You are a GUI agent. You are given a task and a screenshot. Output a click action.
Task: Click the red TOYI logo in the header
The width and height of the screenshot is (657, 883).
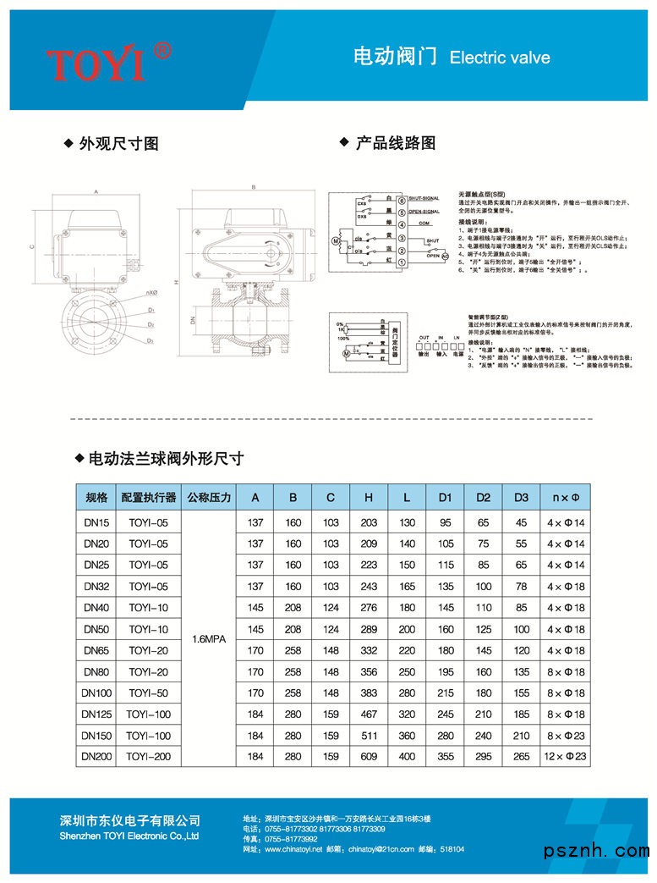click(108, 61)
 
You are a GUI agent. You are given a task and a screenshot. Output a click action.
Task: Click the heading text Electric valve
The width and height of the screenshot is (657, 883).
click(500, 58)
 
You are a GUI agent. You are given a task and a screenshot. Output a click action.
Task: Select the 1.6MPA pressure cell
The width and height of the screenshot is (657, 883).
click(209, 640)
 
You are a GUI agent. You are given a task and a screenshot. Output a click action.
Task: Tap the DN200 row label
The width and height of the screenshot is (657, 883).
click(92, 756)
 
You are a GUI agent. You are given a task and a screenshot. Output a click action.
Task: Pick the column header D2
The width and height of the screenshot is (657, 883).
click(483, 497)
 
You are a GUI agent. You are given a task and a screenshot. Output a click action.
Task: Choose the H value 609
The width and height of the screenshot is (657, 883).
click(369, 756)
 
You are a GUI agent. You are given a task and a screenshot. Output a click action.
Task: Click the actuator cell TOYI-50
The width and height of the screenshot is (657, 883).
click(149, 693)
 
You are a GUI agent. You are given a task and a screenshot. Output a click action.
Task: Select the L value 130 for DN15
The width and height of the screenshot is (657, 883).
click(408, 523)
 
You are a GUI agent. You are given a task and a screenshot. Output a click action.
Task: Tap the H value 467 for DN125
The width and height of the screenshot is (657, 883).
click(369, 714)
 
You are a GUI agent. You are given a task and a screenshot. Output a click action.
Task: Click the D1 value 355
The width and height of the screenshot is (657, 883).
click(446, 756)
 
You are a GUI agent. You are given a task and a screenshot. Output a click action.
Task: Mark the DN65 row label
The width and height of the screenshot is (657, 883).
click(92, 650)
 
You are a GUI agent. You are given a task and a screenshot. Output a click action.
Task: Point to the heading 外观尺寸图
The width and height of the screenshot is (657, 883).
click(118, 144)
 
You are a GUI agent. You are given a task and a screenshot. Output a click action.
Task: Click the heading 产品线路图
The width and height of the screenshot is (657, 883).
click(395, 143)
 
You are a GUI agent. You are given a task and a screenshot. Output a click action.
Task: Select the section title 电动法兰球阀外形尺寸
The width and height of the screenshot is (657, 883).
click(166, 459)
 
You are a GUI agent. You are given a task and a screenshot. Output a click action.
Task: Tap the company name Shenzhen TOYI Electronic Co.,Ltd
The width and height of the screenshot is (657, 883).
click(129, 836)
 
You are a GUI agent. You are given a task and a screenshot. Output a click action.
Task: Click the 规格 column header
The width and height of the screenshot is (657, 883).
click(92, 497)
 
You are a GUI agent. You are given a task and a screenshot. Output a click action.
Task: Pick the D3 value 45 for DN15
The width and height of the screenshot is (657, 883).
click(521, 523)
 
